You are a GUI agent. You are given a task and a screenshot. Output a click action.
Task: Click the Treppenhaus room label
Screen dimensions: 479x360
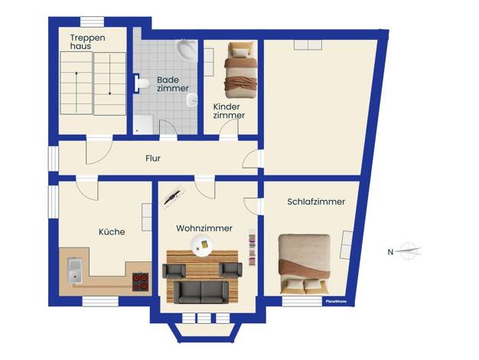(88, 42)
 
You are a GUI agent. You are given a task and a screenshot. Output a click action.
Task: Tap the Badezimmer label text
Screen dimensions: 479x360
(173, 84)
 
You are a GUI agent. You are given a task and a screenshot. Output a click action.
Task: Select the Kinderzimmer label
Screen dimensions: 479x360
(229, 111)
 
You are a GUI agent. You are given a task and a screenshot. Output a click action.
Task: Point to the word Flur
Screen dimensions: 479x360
(153, 159)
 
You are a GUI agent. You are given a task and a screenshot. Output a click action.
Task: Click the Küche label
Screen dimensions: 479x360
(112, 231)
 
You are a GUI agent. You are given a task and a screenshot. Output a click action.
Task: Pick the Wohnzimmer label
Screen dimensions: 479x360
(204, 228)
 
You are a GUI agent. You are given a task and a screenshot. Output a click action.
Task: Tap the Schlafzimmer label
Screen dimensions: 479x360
(316, 201)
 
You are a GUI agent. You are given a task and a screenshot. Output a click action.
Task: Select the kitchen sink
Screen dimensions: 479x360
(75, 270)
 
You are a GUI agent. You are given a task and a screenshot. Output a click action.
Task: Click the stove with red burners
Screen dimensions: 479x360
(141, 282)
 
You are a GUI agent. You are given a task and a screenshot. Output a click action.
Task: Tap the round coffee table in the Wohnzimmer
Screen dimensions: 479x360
(201, 245)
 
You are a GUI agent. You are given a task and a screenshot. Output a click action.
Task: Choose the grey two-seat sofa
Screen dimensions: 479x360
(201, 292)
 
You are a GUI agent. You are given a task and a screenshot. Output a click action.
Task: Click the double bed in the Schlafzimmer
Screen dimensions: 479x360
(305, 264)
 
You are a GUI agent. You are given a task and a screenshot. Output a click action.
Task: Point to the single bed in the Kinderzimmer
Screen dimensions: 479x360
(240, 70)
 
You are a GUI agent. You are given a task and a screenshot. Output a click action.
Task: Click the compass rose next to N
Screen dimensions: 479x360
(410, 250)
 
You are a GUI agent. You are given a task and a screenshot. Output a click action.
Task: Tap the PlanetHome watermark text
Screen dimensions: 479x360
(336, 301)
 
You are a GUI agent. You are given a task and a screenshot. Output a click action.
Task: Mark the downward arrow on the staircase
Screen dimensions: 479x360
(109, 75)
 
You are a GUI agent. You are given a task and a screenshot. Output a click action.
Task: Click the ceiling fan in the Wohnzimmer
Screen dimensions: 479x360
(174, 198)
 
